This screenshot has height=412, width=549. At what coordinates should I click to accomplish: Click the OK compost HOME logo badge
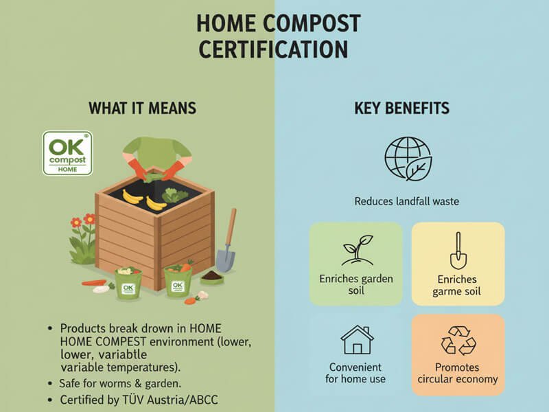tap(67, 153)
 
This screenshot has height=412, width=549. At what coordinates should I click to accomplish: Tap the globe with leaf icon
tap(408, 159)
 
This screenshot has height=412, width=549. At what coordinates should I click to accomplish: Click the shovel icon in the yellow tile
tap(458, 251)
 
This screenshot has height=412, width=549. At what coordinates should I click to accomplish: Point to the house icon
tap(357, 340)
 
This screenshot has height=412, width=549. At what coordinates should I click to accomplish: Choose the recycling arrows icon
tap(457, 340)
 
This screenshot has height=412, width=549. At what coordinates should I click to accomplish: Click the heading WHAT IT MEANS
tap(142, 108)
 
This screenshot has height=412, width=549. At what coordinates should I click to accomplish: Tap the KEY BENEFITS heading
tap(402, 108)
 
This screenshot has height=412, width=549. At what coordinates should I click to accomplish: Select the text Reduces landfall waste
tap(406, 201)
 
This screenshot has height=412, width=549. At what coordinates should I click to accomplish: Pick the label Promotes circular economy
tap(457, 373)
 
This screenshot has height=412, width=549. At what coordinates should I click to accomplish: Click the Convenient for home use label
tap(357, 373)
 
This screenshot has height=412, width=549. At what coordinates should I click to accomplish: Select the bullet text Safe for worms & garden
tap(121, 382)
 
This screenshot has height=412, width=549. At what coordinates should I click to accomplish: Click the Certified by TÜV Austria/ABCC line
tap(140, 400)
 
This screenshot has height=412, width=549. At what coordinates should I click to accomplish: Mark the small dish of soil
tap(213, 276)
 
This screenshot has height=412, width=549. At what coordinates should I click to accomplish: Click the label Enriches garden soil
tap(355, 285)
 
